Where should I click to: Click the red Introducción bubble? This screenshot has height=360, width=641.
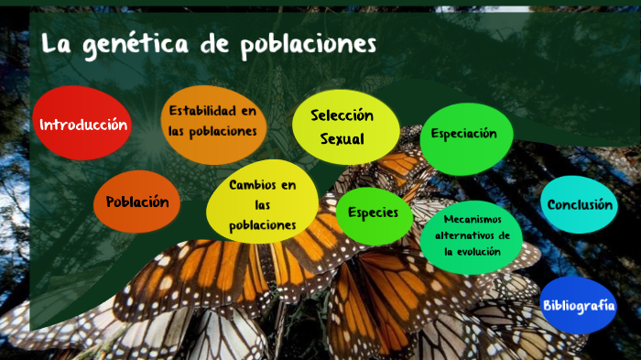[x=82, y=125]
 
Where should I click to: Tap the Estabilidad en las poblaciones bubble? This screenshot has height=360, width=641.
[x=212, y=122]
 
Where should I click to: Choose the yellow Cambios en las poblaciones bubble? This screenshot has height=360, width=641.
[x=263, y=205]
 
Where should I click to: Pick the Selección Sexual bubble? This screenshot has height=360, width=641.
[x=344, y=127]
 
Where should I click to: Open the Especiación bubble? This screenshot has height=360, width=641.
[x=464, y=134]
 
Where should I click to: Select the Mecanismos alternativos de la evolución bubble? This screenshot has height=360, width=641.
[x=473, y=235]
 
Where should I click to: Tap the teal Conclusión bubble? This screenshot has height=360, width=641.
[x=580, y=205]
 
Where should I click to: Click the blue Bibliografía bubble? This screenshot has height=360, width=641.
[x=578, y=305]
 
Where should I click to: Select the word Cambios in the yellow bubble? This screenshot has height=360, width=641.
[x=263, y=185]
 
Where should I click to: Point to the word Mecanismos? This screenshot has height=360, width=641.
[x=473, y=219]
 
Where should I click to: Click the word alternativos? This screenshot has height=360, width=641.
[x=466, y=235]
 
